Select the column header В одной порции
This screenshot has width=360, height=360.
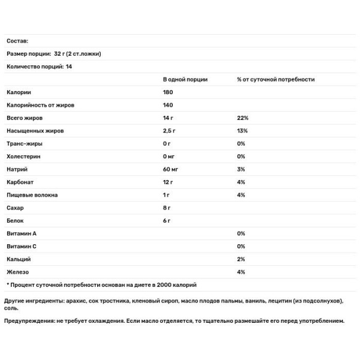coord(185,79)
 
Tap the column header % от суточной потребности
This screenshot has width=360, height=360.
coord(275,79)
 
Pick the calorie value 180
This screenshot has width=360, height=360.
coord(168,92)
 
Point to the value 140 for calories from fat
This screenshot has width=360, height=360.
coord(168,105)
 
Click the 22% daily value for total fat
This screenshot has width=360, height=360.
coord(242,118)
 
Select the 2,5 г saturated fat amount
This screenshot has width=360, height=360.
coord(170,131)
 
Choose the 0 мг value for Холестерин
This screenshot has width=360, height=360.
coord(170,157)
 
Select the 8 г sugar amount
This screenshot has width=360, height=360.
coord(167,208)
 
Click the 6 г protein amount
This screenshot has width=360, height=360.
coord(167,221)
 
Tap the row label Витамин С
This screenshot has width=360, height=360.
coord(23,247)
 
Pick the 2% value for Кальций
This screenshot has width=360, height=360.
coord(241,259)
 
